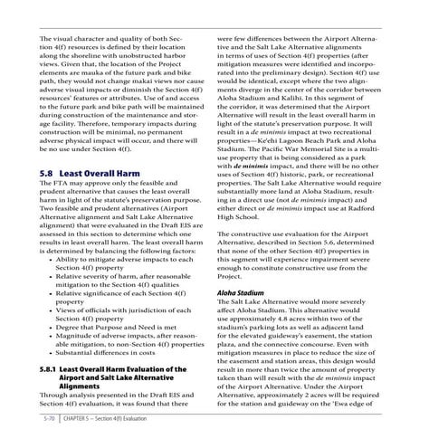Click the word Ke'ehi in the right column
coord(299,130)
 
